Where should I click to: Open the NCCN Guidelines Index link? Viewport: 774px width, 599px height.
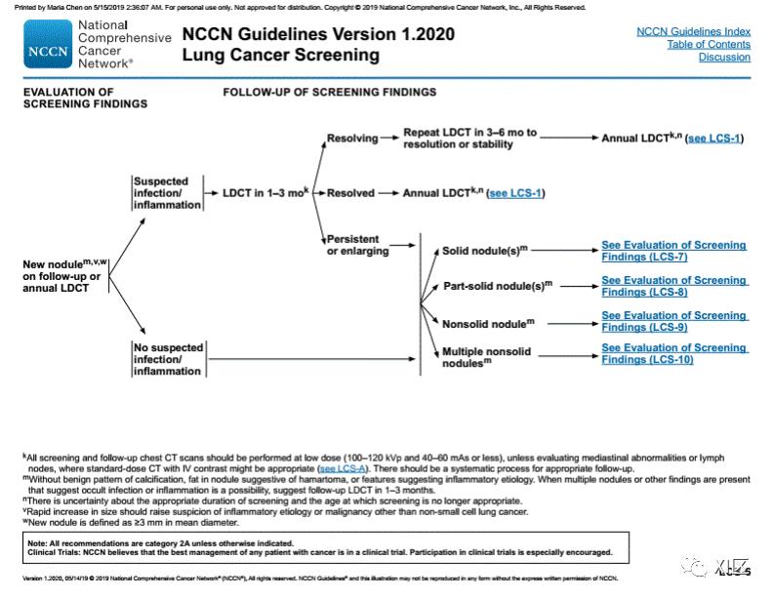click(x=693, y=31)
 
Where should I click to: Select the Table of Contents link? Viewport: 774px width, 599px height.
click(x=709, y=45)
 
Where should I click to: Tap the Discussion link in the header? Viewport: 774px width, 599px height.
click(x=724, y=58)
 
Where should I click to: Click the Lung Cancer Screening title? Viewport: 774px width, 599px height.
click(x=280, y=56)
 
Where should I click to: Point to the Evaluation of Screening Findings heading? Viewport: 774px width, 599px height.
click(x=68, y=98)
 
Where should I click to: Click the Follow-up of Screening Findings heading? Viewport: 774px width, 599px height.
click(x=329, y=93)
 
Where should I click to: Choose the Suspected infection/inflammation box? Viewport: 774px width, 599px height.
click(x=168, y=193)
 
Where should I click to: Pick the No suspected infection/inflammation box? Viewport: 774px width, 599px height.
click(x=168, y=359)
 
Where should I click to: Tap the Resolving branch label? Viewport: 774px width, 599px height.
click(x=351, y=139)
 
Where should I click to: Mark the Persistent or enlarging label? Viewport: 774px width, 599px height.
click(x=357, y=245)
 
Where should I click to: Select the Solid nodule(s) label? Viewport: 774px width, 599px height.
click(x=484, y=251)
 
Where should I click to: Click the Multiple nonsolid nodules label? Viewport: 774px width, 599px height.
click(x=486, y=356)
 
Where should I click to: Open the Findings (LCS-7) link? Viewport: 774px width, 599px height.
click(x=644, y=257)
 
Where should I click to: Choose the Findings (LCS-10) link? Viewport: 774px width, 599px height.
click(x=647, y=360)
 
